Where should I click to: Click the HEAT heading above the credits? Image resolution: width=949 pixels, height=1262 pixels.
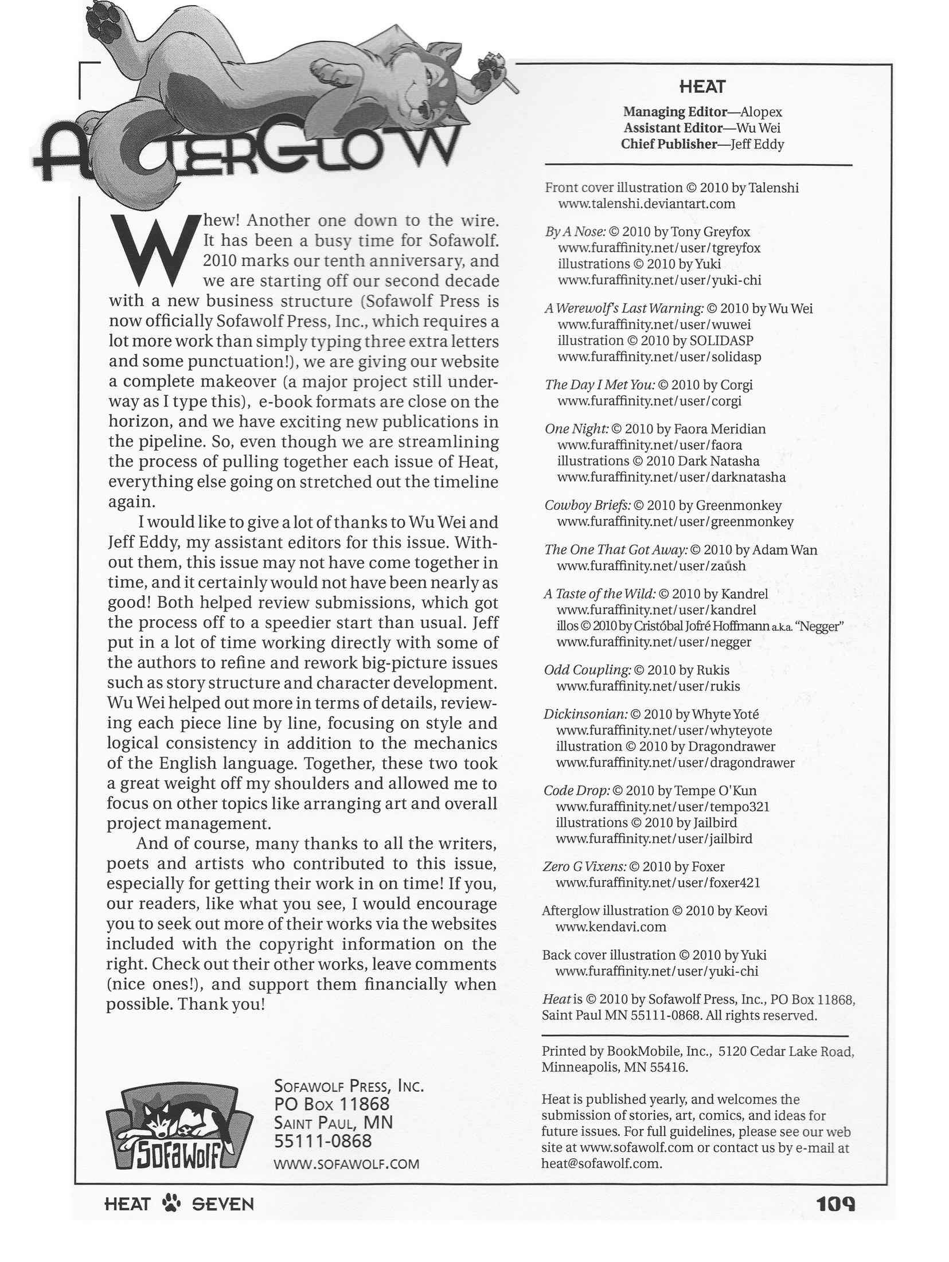(702, 87)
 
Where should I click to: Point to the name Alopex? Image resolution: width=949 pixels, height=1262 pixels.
(761, 112)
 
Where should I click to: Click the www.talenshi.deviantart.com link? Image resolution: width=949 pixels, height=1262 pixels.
(646, 204)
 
